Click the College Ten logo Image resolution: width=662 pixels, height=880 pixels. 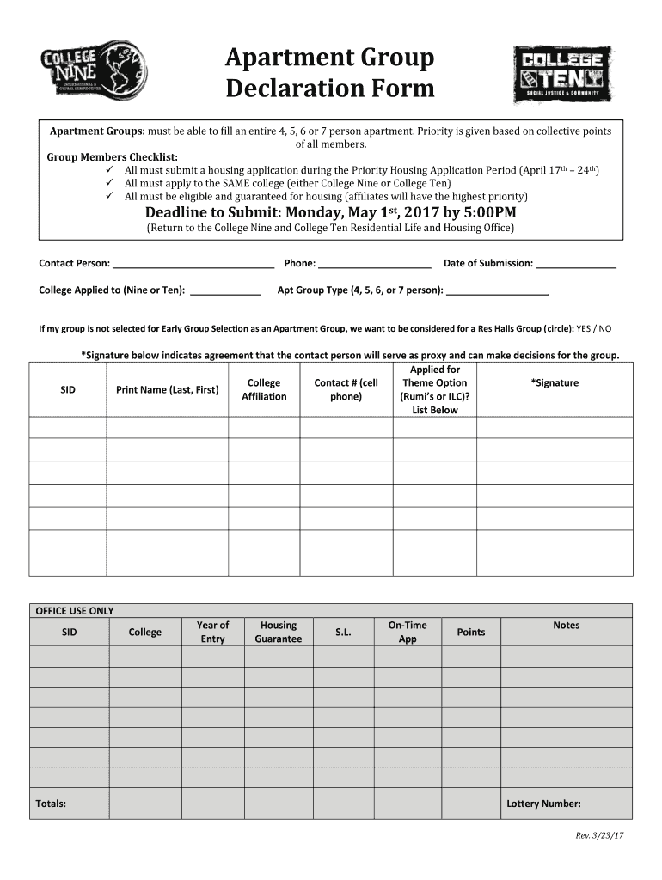tap(562, 74)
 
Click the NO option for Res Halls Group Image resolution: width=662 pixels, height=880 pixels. tap(605, 329)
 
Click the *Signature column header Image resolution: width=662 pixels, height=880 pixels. tap(555, 383)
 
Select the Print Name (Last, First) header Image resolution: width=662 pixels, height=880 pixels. tap(167, 390)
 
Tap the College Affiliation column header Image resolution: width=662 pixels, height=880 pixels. tap(264, 389)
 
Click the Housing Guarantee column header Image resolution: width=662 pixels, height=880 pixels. tap(279, 632)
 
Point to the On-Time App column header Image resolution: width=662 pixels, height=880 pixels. tap(408, 632)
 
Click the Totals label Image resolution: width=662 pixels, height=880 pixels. tap(51, 804)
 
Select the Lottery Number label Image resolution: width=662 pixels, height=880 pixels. tap(543, 804)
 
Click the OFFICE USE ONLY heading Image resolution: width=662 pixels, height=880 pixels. tap(74, 611)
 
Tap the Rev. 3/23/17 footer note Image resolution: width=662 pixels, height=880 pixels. tap(599, 837)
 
